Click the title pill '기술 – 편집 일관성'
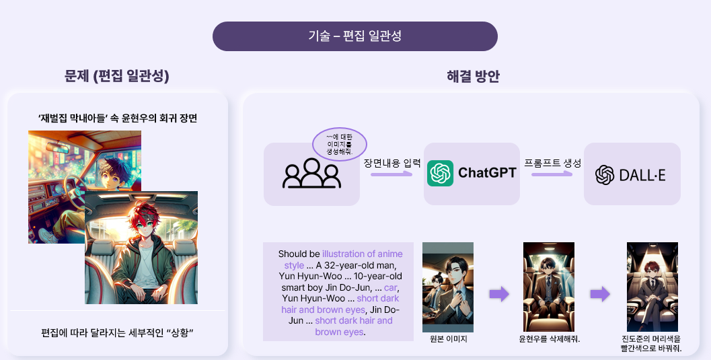click(x=354, y=36)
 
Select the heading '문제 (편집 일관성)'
click(x=116, y=77)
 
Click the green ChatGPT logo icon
click(x=441, y=174)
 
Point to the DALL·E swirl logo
click(x=605, y=174)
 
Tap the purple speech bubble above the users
click(x=340, y=143)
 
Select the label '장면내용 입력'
click(x=392, y=163)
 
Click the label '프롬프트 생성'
click(x=552, y=163)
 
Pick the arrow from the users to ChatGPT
click(x=392, y=174)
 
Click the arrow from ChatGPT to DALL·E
click(x=552, y=174)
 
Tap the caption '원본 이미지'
click(x=448, y=339)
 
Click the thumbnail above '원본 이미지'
click(x=448, y=287)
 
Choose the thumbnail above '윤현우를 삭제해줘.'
click(x=549, y=287)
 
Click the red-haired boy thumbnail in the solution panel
click(x=652, y=287)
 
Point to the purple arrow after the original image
click(x=498, y=294)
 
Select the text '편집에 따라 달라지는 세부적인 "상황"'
click(x=117, y=333)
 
